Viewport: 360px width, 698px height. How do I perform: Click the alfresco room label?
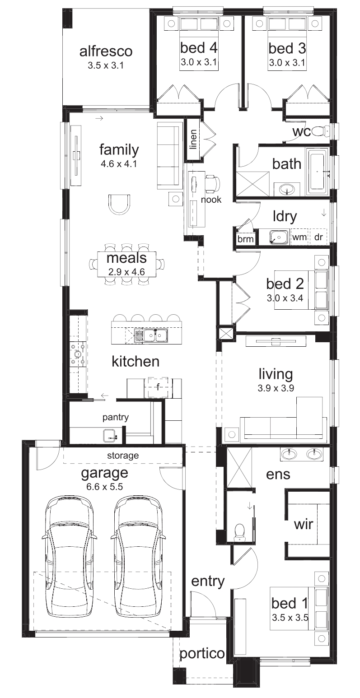pos(106,51)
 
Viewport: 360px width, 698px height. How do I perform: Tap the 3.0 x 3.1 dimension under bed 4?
pos(199,62)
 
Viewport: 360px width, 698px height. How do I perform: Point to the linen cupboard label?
pos(194,140)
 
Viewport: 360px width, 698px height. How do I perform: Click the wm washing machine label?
pos(299,237)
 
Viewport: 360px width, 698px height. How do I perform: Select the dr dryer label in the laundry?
pos(318,237)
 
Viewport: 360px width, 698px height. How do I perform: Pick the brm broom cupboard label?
pos(246,239)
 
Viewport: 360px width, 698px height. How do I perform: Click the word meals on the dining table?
pos(126,258)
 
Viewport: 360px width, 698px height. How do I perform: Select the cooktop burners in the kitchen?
pos(78,354)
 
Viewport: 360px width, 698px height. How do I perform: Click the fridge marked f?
pos(158,387)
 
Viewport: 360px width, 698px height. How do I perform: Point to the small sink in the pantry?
pos(109,435)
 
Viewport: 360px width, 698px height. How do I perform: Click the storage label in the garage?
pos(123,456)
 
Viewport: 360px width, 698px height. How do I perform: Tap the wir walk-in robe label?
pos(303,524)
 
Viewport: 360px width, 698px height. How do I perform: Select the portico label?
pos(202,653)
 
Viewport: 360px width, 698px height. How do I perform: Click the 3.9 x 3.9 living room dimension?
pos(276,388)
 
